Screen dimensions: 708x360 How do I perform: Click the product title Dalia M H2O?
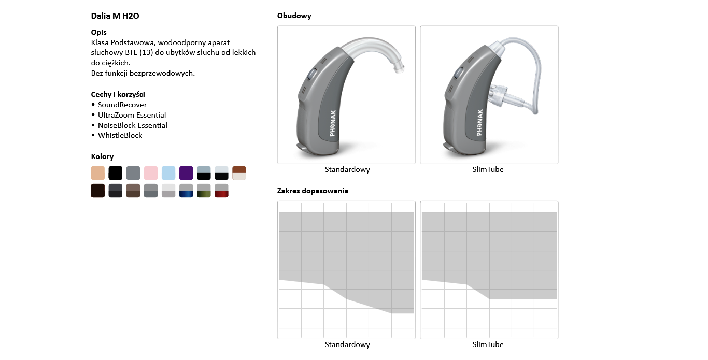pos(115,16)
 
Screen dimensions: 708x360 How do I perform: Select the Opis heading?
pos(98,32)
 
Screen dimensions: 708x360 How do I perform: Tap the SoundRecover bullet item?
pos(122,105)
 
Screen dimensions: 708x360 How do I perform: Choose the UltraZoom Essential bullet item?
pos(132,115)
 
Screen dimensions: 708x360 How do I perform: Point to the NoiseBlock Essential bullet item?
pos(133,125)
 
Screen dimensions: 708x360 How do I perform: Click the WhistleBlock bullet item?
pos(120,135)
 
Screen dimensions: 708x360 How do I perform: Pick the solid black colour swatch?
pos(116,173)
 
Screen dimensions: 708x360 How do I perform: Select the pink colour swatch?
pos(151,173)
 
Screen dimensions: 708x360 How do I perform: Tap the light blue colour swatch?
pos(168,173)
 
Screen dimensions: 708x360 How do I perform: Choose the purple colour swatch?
pos(186,173)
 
